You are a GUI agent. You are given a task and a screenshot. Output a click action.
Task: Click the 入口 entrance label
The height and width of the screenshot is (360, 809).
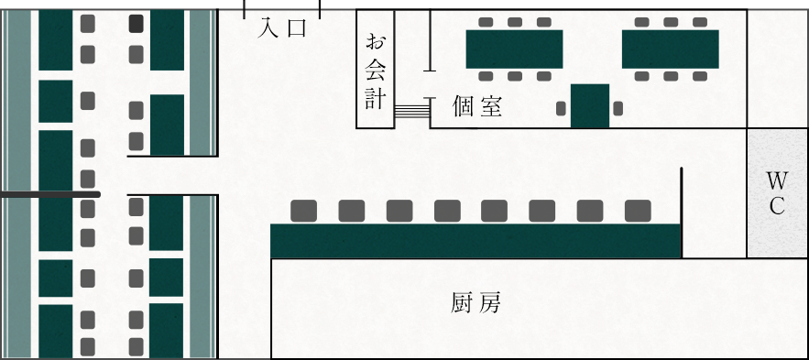[x=281, y=29]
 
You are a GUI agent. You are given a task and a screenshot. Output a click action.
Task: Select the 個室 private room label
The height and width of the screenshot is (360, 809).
[x=477, y=107]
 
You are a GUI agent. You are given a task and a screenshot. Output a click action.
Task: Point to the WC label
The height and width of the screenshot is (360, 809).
[x=777, y=191]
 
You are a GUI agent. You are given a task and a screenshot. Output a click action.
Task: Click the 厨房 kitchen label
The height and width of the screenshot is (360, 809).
[x=476, y=303]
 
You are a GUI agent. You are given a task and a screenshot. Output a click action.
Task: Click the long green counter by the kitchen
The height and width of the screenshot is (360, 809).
[x=476, y=240]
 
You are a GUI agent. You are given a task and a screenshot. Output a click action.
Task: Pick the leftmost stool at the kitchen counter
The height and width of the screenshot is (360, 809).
[x=304, y=211]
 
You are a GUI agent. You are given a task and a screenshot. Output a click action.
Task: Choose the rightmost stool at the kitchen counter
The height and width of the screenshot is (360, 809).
[x=638, y=211]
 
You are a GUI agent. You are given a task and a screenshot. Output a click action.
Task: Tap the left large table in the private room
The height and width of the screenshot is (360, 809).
[x=514, y=49]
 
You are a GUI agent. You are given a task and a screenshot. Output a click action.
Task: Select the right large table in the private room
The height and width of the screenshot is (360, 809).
[x=671, y=49]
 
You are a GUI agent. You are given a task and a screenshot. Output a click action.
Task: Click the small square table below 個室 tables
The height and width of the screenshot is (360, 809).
[x=590, y=105]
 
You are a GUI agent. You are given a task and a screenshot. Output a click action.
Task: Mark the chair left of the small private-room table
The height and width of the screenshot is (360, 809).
[x=562, y=109]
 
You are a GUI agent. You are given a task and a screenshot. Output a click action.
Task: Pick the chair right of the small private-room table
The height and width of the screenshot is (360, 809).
[x=618, y=109]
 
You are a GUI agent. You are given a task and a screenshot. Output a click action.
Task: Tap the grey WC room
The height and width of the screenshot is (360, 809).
[x=777, y=193]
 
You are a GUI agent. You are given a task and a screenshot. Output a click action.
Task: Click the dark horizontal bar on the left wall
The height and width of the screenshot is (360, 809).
[x=49, y=194]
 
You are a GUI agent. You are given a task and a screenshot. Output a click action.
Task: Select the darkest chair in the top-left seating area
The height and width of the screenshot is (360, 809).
[x=136, y=23]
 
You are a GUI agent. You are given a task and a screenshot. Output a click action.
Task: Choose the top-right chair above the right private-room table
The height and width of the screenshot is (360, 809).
[x=699, y=21]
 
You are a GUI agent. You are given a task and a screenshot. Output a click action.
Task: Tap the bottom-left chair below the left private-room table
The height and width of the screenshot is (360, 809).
[x=486, y=77]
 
